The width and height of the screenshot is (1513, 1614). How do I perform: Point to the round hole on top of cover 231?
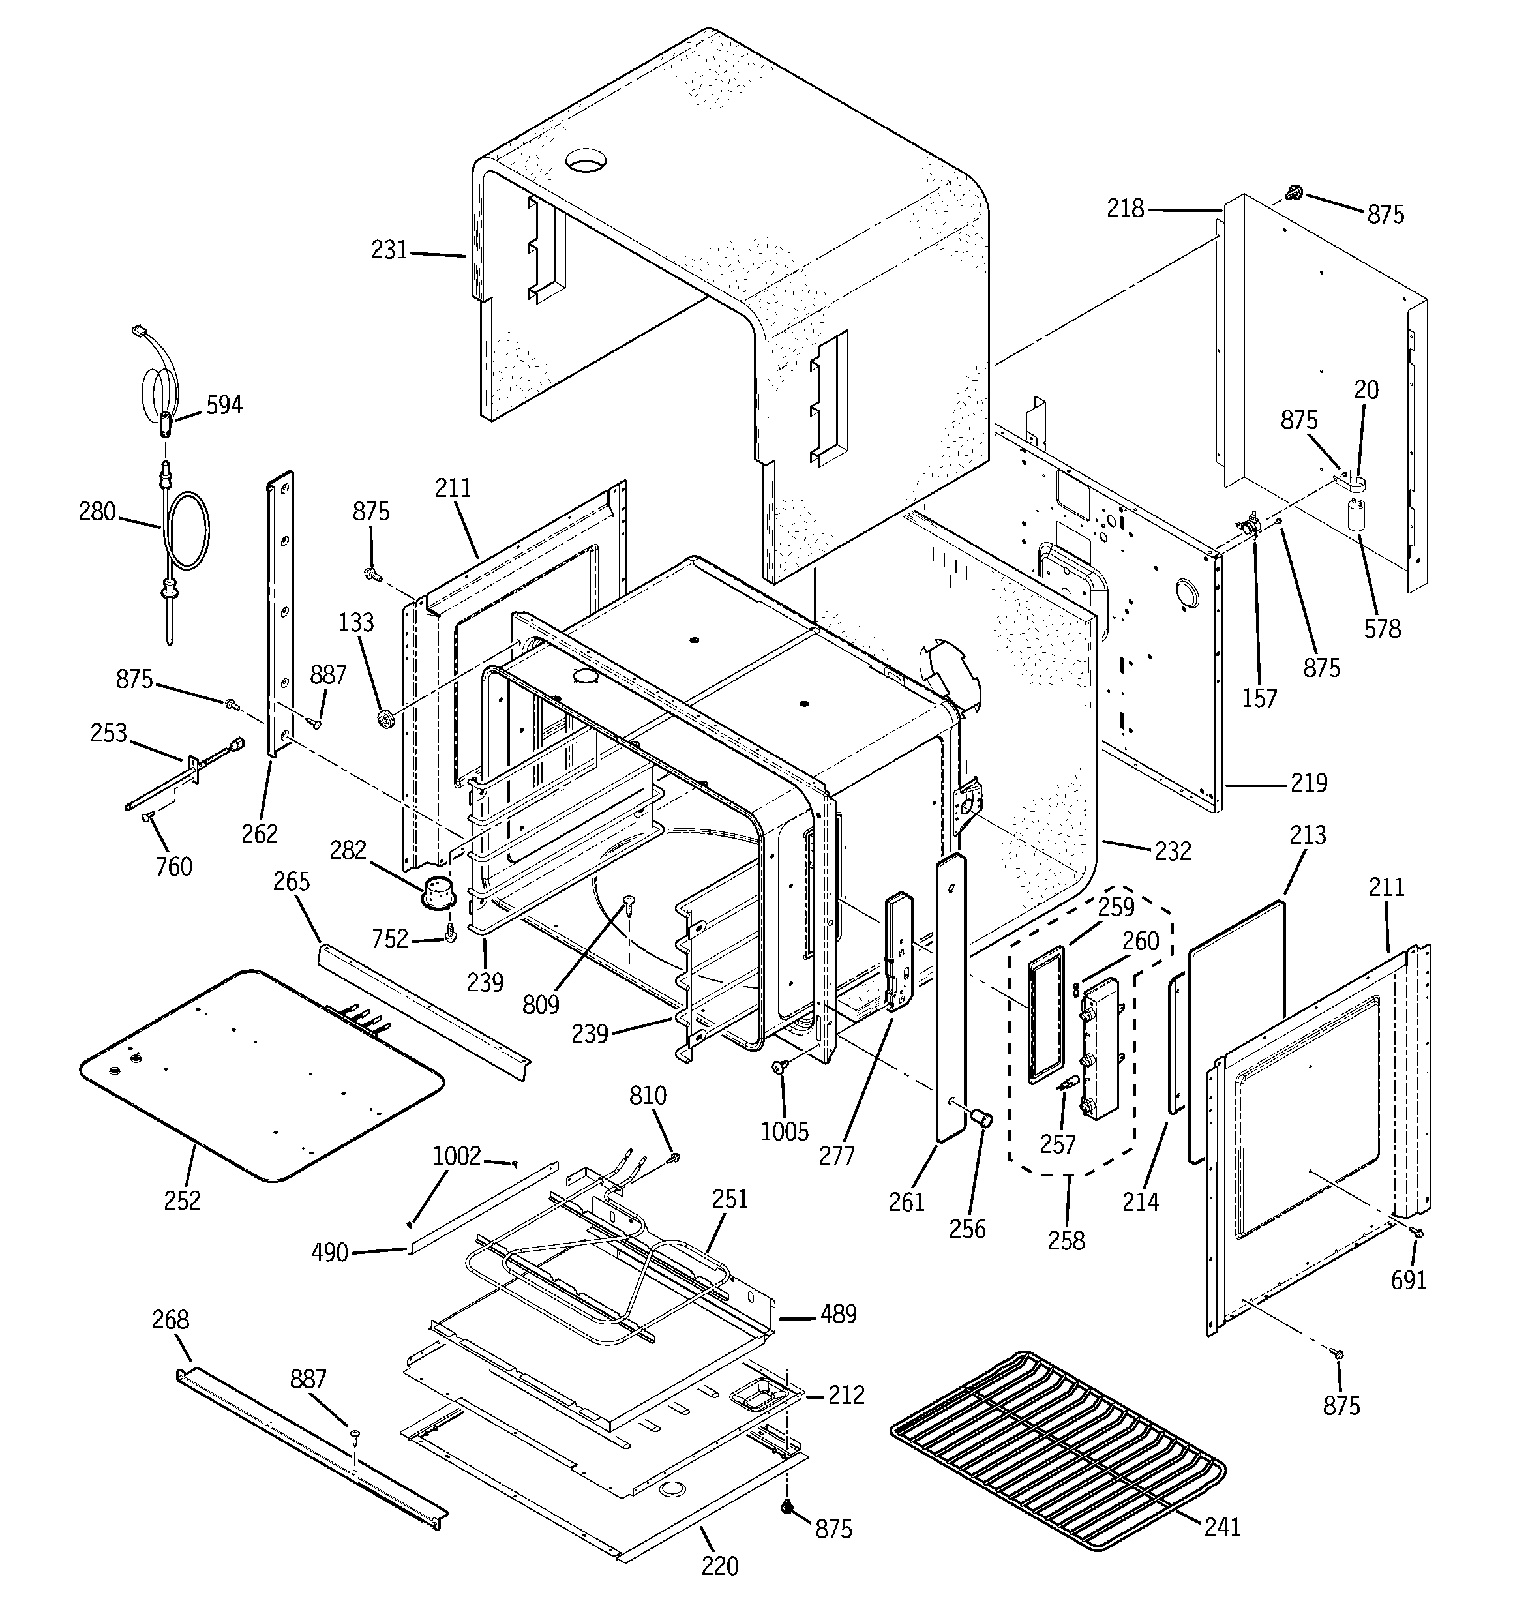click(x=586, y=160)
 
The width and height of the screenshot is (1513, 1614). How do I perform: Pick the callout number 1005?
click(x=785, y=1131)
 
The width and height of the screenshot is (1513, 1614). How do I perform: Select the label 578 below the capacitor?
click(x=1383, y=629)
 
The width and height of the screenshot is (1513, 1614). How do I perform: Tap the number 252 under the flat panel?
click(x=182, y=1201)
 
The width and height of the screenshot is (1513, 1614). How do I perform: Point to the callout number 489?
click(x=838, y=1313)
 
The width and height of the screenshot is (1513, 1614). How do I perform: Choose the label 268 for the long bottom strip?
click(x=171, y=1320)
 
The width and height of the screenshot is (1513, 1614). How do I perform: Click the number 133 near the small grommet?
click(x=355, y=623)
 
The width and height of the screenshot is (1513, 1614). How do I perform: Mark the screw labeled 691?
click(x=1418, y=1233)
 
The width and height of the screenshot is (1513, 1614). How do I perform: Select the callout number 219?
click(x=1308, y=783)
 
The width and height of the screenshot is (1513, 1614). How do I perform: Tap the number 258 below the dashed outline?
click(x=1066, y=1240)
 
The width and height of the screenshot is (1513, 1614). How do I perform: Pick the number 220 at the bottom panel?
click(x=719, y=1565)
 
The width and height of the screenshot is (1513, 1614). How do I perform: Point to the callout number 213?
click(x=1307, y=835)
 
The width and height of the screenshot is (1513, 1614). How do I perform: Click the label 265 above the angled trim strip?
click(x=292, y=882)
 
